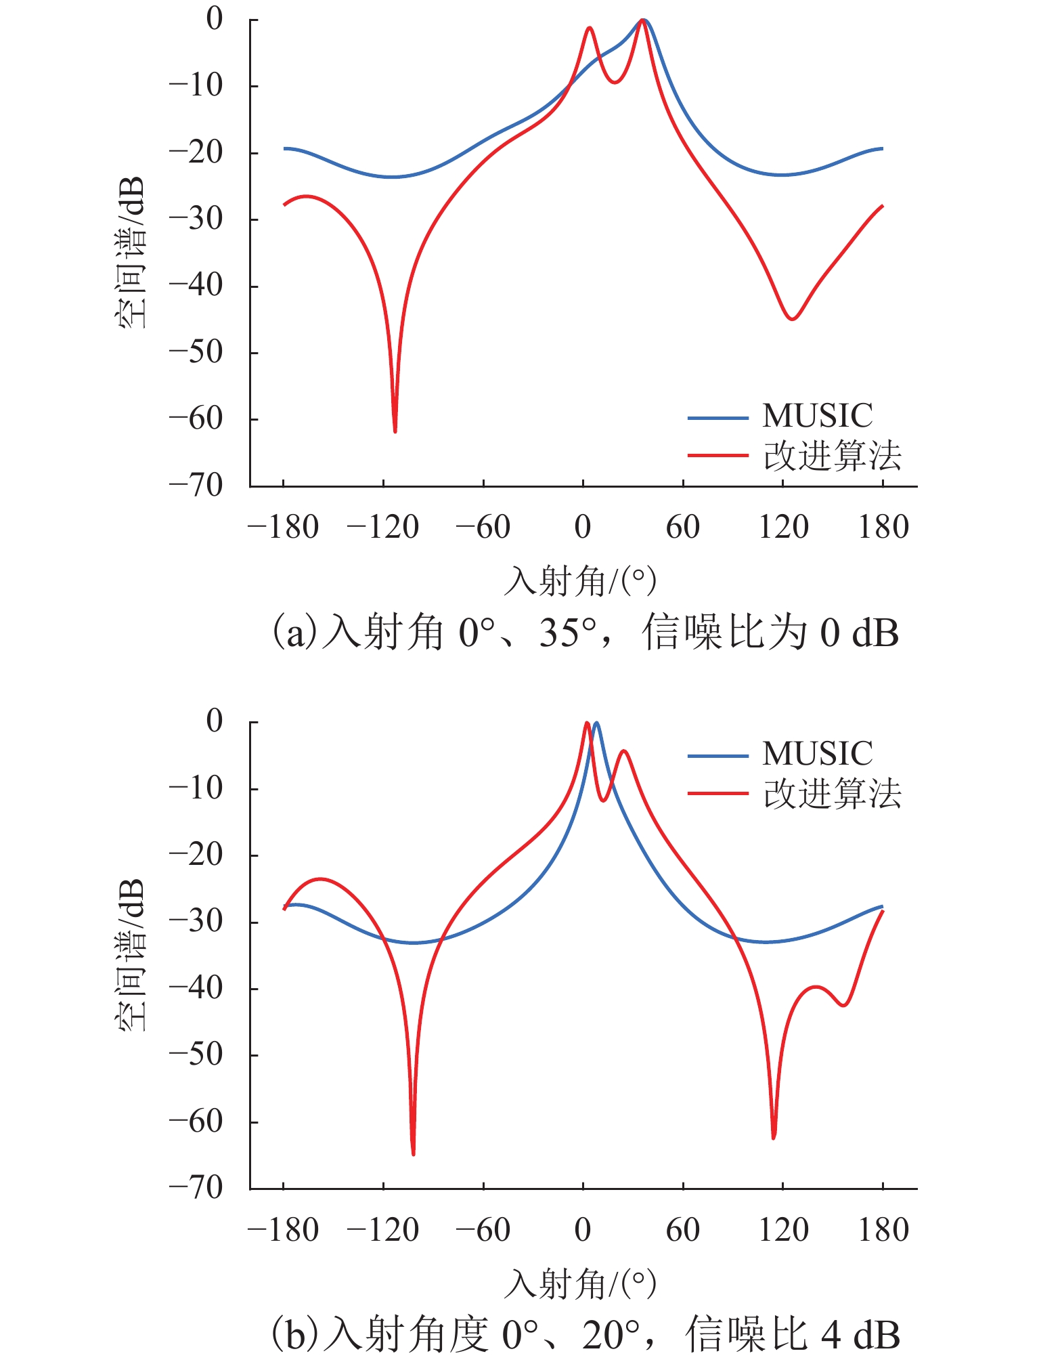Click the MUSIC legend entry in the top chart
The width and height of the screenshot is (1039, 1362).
coord(780,416)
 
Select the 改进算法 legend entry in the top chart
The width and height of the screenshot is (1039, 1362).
coord(795,456)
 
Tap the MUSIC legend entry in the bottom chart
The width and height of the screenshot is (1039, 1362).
coord(780,754)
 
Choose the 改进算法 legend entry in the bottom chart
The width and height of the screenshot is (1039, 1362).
coord(795,793)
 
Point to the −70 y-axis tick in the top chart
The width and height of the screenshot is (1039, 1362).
coord(196,485)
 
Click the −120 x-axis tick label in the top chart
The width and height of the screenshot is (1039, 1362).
coord(383,527)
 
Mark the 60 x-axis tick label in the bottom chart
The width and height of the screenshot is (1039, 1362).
coord(683,1230)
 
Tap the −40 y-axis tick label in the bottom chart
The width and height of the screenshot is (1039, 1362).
coord(196,988)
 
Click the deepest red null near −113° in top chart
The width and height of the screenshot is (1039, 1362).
coord(395,431)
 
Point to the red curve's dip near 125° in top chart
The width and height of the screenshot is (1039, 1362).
coord(792,318)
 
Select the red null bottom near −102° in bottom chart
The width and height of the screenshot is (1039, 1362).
coord(414,1154)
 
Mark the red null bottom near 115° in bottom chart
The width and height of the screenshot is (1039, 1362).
coord(774,1138)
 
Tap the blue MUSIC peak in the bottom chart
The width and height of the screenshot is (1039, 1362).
coord(596,723)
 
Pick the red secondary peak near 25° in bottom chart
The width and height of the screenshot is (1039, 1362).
coord(624,750)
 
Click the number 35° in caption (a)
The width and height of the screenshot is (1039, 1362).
coord(568,633)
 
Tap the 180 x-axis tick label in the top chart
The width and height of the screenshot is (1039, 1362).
coord(883,527)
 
